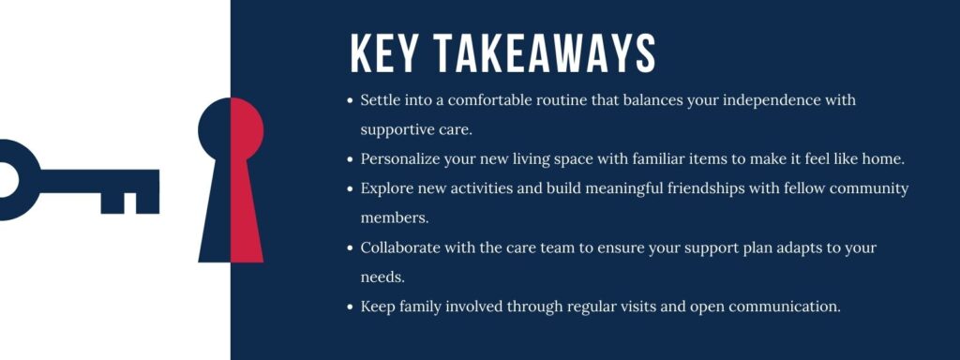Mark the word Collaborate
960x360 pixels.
402,247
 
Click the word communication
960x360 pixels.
780,307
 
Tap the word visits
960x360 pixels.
640,307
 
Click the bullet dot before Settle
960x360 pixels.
351,99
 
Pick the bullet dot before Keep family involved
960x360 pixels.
351,307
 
